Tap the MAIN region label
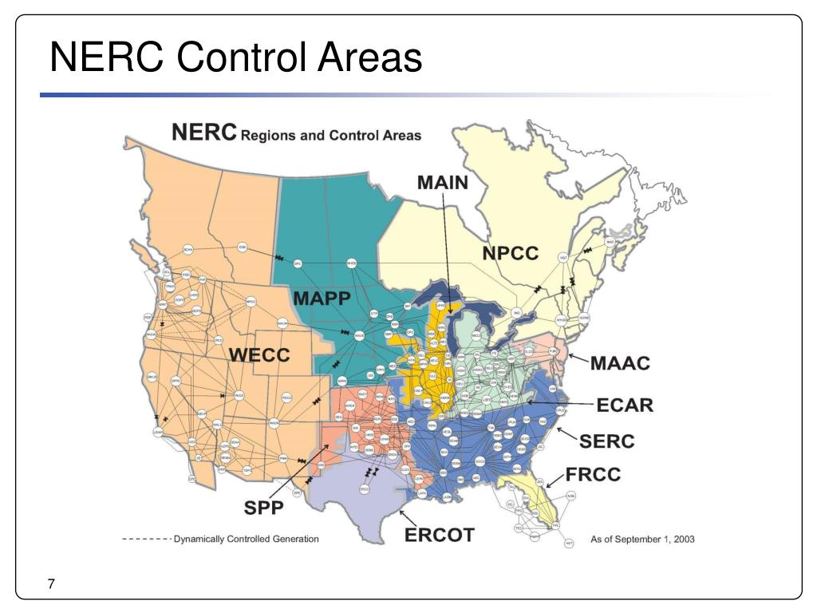[443, 182]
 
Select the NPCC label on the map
[511, 254]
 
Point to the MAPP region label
[322, 299]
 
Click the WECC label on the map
[259, 355]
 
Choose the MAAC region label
[621, 364]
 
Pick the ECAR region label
[625, 405]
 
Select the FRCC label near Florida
[593, 475]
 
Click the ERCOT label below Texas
[440, 535]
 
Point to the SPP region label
[263, 507]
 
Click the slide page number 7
[51, 585]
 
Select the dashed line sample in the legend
[146, 540]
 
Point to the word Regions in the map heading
[267, 136]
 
